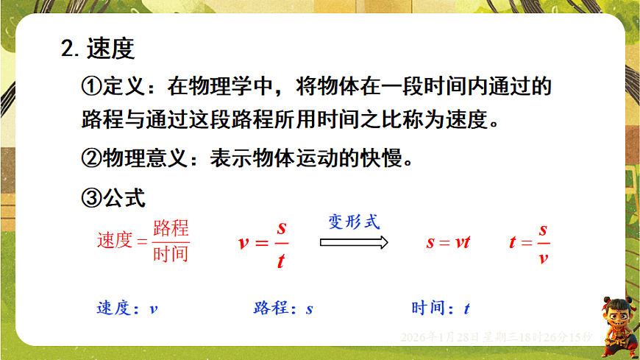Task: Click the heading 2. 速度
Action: (98, 49)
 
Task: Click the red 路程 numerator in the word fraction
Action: (171, 228)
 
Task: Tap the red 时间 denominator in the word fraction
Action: (171, 254)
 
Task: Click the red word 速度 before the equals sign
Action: (114, 241)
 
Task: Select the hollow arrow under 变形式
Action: (354, 242)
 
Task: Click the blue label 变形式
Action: (354, 221)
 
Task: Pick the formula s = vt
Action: (448, 242)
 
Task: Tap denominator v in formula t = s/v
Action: (543, 258)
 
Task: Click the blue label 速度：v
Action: (127, 308)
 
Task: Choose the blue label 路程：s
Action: (283, 308)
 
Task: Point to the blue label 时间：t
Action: (441, 308)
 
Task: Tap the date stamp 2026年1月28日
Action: (441, 336)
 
